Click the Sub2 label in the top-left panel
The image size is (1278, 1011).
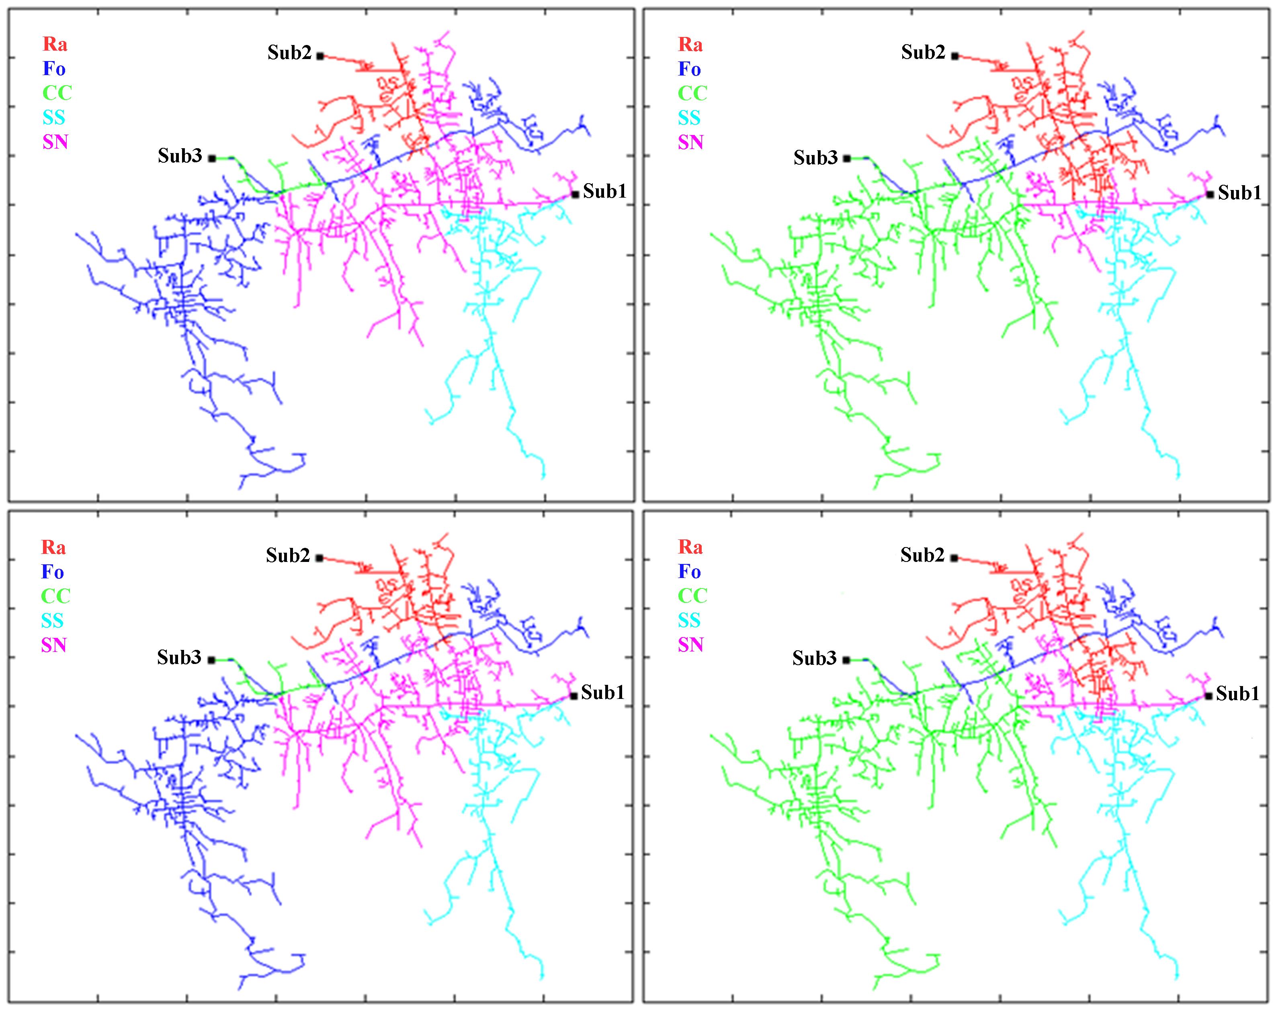pyautogui.click(x=289, y=53)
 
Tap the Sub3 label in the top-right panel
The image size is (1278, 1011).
pyautogui.click(x=815, y=158)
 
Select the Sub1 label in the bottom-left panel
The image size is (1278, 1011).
pyautogui.click(x=602, y=692)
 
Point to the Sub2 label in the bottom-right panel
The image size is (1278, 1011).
pyautogui.click(x=922, y=555)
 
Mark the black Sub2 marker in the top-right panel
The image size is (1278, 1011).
pyautogui.click(x=954, y=56)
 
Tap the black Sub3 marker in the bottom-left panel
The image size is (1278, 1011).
pyautogui.click(x=211, y=660)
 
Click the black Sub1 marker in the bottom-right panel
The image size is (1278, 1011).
pyautogui.click(x=1208, y=696)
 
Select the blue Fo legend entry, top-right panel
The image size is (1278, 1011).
pyautogui.click(x=689, y=69)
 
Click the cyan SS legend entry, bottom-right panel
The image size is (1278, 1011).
pyautogui.click(x=689, y=620)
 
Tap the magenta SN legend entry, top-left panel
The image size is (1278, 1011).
pyautogui.click(x=55, y=142)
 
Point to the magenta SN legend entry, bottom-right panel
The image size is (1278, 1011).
pyautogui.click(x=690, y=645)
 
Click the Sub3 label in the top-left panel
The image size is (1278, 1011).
pyautogui.click(x=179, y=156)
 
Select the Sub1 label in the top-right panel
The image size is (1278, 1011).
pyautogui.click(x=1239, y=193)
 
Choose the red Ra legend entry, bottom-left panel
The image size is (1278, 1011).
pyautogui.click(x=53, y=547)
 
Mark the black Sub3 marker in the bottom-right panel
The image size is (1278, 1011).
pyautogui.click(x=846, y=660)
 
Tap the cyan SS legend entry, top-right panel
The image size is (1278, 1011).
pyautogui.click(x=689, y=118)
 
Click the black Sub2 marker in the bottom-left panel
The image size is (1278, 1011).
pyautogui.click(x=319, y=558)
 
